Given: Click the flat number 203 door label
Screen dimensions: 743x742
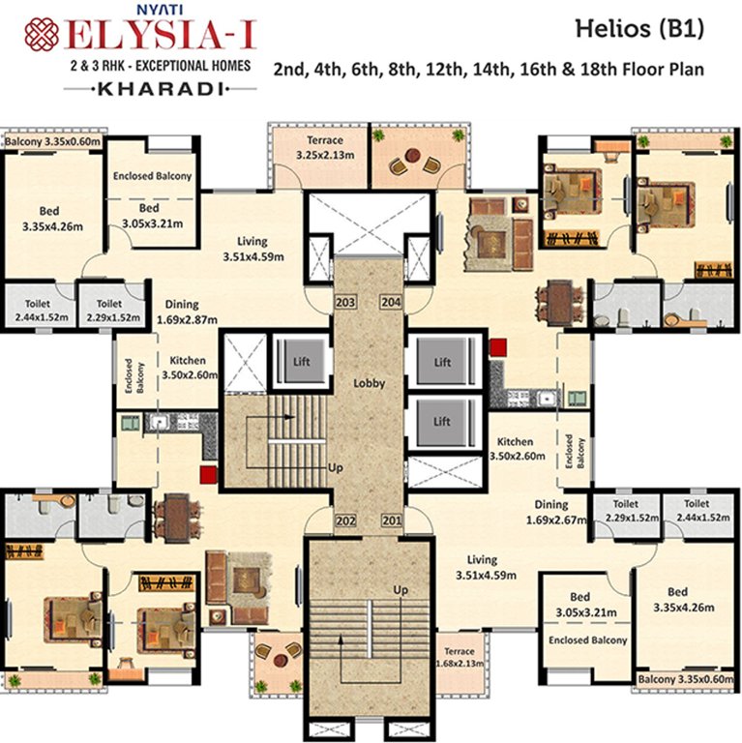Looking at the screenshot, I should coord(344,302).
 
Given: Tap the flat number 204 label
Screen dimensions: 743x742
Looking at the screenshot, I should coord(391,302).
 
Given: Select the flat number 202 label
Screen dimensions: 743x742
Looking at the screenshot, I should coord(344,521).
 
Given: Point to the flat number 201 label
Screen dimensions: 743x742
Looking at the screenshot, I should coord(391,521).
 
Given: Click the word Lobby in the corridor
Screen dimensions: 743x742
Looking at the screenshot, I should coord(369,383).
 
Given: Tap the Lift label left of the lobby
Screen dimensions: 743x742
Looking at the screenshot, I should coord(301,362).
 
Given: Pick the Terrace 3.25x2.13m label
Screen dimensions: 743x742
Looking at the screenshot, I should coord(305,147).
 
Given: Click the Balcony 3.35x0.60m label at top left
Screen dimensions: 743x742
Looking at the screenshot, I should coord(53,142).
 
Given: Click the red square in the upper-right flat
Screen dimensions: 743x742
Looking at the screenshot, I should coord(497,346).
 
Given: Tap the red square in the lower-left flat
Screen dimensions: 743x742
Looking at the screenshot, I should coord(207,474).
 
